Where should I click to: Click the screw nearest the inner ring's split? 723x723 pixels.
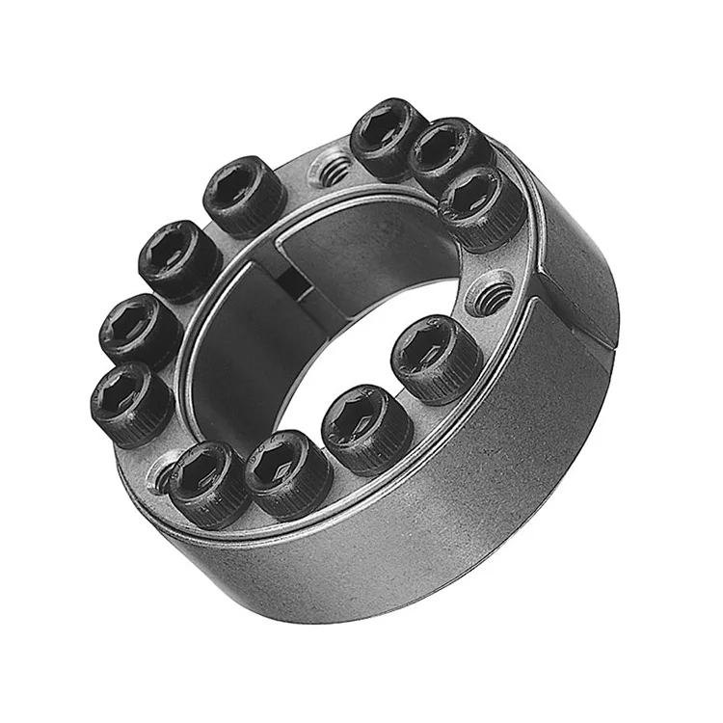coord(245,195)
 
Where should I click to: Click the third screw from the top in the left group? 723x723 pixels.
coord(140,330)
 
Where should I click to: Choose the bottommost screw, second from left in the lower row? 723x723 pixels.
coord(286,471)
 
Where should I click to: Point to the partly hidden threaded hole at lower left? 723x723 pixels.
coord(160,473)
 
